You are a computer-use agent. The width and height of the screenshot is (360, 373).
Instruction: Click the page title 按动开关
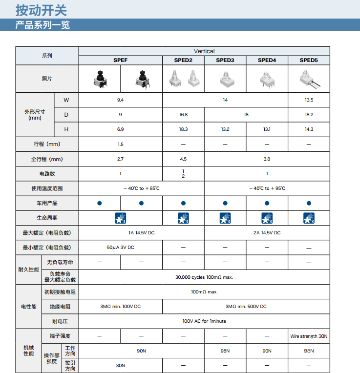[41, 9]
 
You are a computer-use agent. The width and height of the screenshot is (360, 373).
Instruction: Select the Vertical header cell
[204, 51]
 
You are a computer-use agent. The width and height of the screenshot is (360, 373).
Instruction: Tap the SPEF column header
[121, 60]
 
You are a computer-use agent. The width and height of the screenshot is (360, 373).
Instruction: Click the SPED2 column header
[183, 60]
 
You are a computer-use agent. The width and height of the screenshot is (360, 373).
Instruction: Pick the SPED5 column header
[309, 60]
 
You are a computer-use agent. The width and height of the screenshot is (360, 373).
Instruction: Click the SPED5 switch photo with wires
[309, 79]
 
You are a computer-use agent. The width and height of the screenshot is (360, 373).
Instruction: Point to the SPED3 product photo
[225, 79]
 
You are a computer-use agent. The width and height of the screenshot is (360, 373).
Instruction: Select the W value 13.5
[309, 100]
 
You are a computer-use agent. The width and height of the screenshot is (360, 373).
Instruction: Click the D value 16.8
[183, 115]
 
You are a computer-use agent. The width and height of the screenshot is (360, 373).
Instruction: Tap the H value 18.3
[183, 129]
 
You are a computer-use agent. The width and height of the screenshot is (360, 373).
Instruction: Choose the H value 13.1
[267, 129]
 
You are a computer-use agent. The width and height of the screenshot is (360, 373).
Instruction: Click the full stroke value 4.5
[183, 159]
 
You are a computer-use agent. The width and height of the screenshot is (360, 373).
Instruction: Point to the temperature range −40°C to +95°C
[267, 188]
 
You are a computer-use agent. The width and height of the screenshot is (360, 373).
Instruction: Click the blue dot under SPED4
[267, 203]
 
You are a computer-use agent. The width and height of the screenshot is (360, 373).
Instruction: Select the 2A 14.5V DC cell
[267, 233]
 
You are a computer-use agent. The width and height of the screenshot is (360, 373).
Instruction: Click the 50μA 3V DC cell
[121, 248]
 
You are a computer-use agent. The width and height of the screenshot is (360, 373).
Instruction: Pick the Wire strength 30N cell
[309, 336]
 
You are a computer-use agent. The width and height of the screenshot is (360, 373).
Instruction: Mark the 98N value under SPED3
[225, 351]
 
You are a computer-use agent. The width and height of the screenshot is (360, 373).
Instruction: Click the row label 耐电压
[60, 321]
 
